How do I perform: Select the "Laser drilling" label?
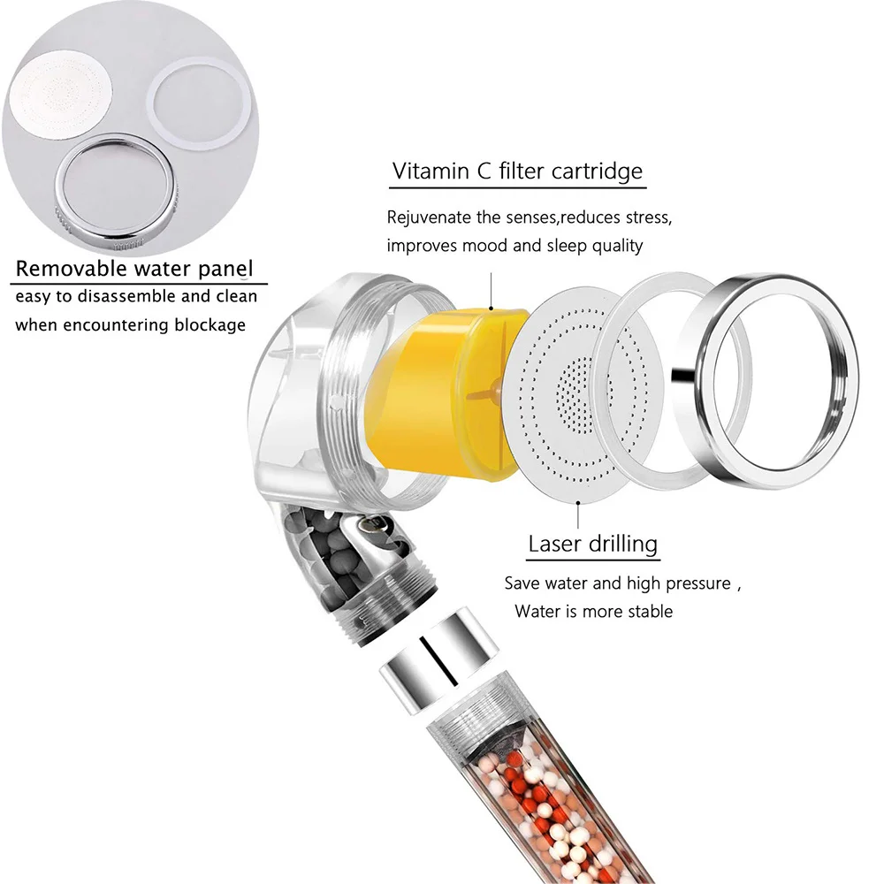593,543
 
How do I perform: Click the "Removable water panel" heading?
135,269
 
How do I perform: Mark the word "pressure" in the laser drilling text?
693,583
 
